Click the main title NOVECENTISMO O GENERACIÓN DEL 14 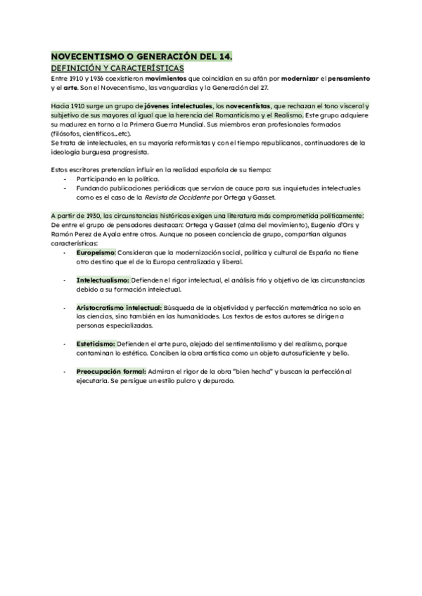coord(141,56)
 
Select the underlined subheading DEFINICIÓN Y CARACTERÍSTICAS coord(117,67)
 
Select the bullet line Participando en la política coord(117,179)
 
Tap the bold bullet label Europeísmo coord(96,251)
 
